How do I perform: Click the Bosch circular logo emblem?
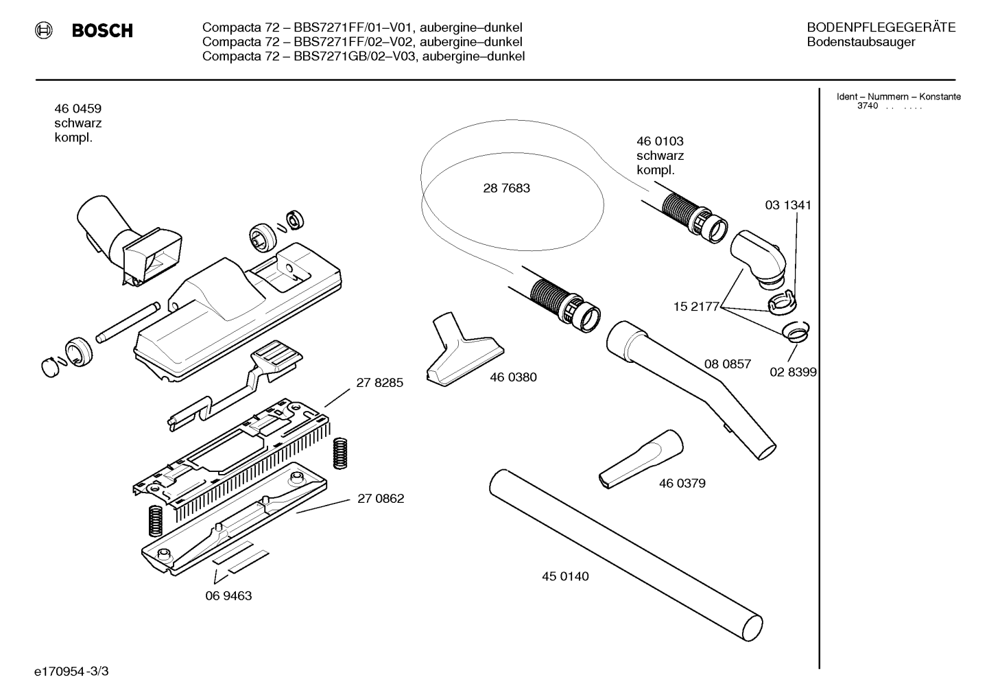[44, 30]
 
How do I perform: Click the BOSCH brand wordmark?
[102, 31]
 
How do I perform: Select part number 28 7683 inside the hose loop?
[506, 188]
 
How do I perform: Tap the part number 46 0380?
[513, 377]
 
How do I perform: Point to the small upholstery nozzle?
[464, 349]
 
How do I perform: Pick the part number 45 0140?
[565, 576]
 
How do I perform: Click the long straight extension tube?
[626, 555]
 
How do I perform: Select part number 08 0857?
[727, 364]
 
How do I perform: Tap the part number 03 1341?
[788, 205]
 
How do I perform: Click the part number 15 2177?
[696, 307]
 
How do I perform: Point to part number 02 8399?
[793, 372]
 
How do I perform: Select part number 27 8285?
[380, 382]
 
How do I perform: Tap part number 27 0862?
[381, 499]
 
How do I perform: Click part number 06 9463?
[228, 595]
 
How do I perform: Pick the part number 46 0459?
[78, 108]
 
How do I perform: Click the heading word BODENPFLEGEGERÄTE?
[881, 27]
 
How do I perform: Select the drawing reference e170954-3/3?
[71, 672]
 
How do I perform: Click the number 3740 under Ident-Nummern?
[868, 106]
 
